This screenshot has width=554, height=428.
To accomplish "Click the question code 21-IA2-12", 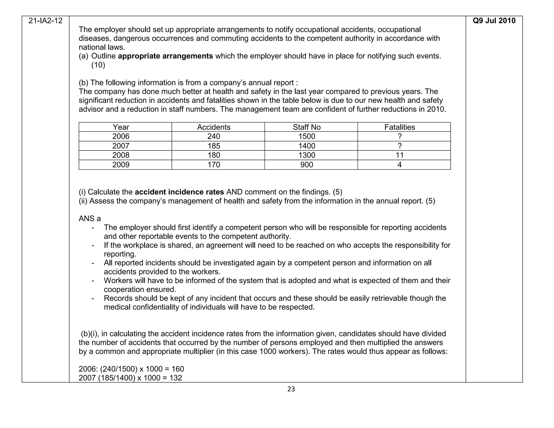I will [x=45, y=21].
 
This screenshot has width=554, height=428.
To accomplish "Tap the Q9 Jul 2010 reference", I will [x=494, y=21].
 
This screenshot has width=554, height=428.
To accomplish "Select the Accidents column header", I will [x=214, y=127].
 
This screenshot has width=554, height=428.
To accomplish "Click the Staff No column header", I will [x=306, y=127].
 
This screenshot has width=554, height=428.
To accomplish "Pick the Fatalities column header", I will [x=400, y=127].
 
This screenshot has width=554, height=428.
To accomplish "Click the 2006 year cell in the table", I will [x=121, y=136].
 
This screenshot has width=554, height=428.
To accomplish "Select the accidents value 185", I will [x=214, y=146].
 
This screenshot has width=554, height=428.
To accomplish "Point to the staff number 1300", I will [x=307, y=155].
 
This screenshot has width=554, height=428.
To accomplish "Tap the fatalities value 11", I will [x=400, y=155].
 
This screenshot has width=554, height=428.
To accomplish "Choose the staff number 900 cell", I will [x=307, y=165].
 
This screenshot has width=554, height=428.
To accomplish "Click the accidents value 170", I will [x=214, y=165].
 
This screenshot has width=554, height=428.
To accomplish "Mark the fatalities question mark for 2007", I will [x=400, y=146].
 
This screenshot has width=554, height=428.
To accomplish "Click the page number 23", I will [x=291, y=389].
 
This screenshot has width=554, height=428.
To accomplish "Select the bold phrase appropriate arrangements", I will [x=166, y=56].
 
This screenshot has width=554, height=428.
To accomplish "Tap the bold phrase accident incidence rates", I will [x=179, y=192].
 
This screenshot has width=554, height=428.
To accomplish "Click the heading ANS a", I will [x=90, y=219].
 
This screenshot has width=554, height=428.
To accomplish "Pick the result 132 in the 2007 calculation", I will [x=176, y=378].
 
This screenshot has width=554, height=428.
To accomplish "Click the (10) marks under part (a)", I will [x=98, y=65].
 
